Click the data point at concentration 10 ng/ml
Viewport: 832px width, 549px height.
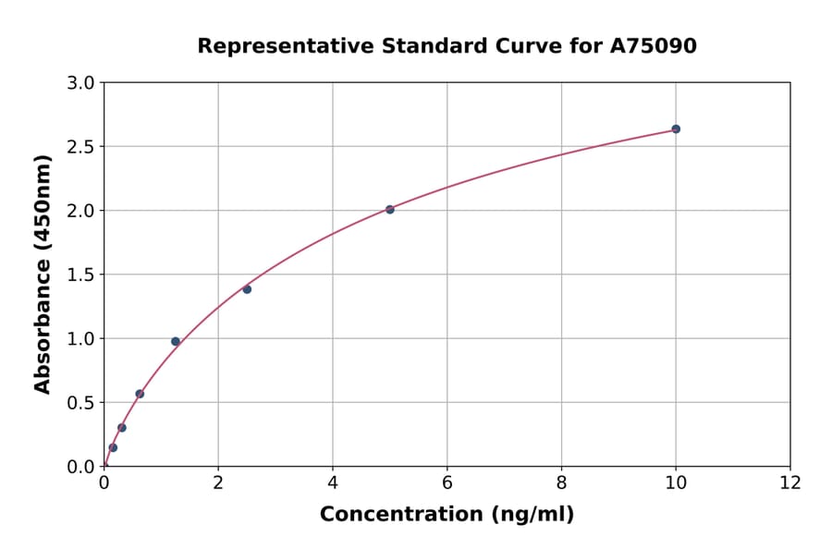pos(676,129)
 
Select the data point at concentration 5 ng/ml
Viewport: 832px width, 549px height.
pos(390,210)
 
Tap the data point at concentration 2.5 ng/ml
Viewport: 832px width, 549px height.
pos(247,289)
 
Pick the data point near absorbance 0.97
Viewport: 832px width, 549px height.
pos(176,342)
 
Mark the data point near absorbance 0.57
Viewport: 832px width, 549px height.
pos(140,394)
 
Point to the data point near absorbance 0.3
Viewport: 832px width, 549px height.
pos(122,428)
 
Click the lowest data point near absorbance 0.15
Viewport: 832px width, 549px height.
pos(113,447)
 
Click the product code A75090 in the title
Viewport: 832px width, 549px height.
pos(655,45)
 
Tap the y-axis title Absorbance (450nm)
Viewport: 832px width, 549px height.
pos(43,274)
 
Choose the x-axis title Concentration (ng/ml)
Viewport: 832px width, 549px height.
pos(447,515)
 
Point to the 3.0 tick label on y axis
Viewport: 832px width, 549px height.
pos(81,83)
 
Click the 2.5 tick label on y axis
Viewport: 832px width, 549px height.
pos(81,147)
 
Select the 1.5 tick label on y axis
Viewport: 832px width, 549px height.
pos(81,274)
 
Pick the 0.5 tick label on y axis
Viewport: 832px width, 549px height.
pos(81,402)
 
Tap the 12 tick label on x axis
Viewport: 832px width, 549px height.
pos(790,482)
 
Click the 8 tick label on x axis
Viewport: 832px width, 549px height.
pos(561,482)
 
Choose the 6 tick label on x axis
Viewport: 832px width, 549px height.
pos(447,482)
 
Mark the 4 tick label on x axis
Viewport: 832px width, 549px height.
pos(333,482)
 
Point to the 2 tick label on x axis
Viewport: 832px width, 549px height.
pos(218,482)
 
